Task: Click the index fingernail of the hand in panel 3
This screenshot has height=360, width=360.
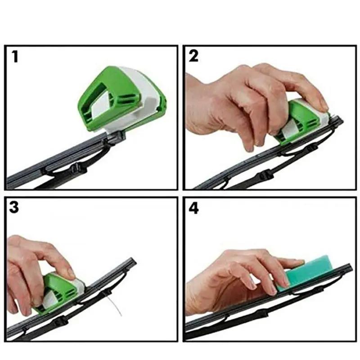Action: pos(71,273)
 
